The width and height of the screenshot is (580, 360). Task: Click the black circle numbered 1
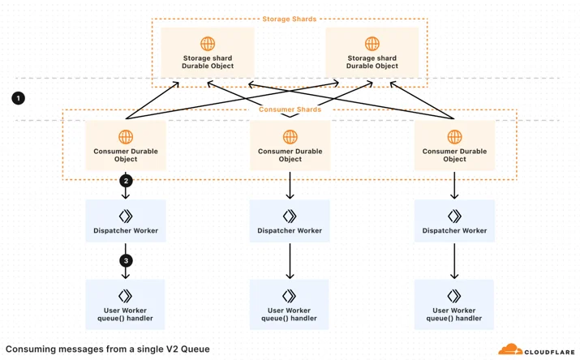point(18,98)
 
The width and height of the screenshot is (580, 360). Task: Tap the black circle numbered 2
point(126,181)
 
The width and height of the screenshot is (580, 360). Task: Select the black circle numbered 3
point(126,260)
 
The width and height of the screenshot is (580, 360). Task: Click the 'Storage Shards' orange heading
point(290,19)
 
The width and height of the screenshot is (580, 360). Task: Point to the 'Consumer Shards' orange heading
point(290,109)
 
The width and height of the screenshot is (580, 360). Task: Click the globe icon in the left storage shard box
point(208,44)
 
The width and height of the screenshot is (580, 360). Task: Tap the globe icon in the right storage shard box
point(372,44)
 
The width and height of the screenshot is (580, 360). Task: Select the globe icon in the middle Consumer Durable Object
point(290,137)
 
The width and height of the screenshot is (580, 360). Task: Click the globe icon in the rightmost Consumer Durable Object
point(454,137)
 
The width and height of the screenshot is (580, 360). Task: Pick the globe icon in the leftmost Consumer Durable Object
point(126,137)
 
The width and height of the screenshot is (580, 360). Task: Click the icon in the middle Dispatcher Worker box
point(290,216)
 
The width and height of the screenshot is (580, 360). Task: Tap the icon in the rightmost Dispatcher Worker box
point(454,216)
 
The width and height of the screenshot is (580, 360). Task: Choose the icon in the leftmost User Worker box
point(125,296)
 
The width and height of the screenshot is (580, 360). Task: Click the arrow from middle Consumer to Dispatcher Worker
point(290,185)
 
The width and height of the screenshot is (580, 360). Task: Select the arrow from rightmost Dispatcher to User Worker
point(454,261)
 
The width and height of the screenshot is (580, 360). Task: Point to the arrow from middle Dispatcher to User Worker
point(290,261)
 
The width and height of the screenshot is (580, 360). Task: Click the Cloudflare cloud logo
point(510,349)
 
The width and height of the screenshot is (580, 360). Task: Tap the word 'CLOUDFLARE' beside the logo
point(549,352)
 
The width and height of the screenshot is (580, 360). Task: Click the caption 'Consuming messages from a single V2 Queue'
point(108,349)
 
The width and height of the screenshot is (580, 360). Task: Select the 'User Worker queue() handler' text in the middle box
point(290,314)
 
